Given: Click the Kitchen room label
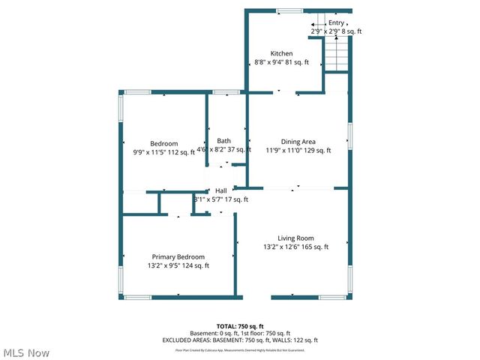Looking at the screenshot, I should tap(281, 53).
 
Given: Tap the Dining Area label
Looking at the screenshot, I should tap(298, 141).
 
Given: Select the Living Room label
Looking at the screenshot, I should tap(295, 238).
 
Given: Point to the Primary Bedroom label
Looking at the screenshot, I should tap(178, 256).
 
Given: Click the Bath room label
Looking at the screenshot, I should tap(223, 141).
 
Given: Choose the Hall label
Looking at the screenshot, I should tap(221, 190).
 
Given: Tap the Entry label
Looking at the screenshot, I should tap(337, 22).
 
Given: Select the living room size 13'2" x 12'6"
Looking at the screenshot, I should tap(295, 247).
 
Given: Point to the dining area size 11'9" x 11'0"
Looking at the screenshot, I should tap(298, 151).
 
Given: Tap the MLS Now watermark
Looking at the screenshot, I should tap(25, 352).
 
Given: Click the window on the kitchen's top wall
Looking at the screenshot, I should tap(286, 10).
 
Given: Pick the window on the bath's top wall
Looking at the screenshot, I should tap(222, 92).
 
